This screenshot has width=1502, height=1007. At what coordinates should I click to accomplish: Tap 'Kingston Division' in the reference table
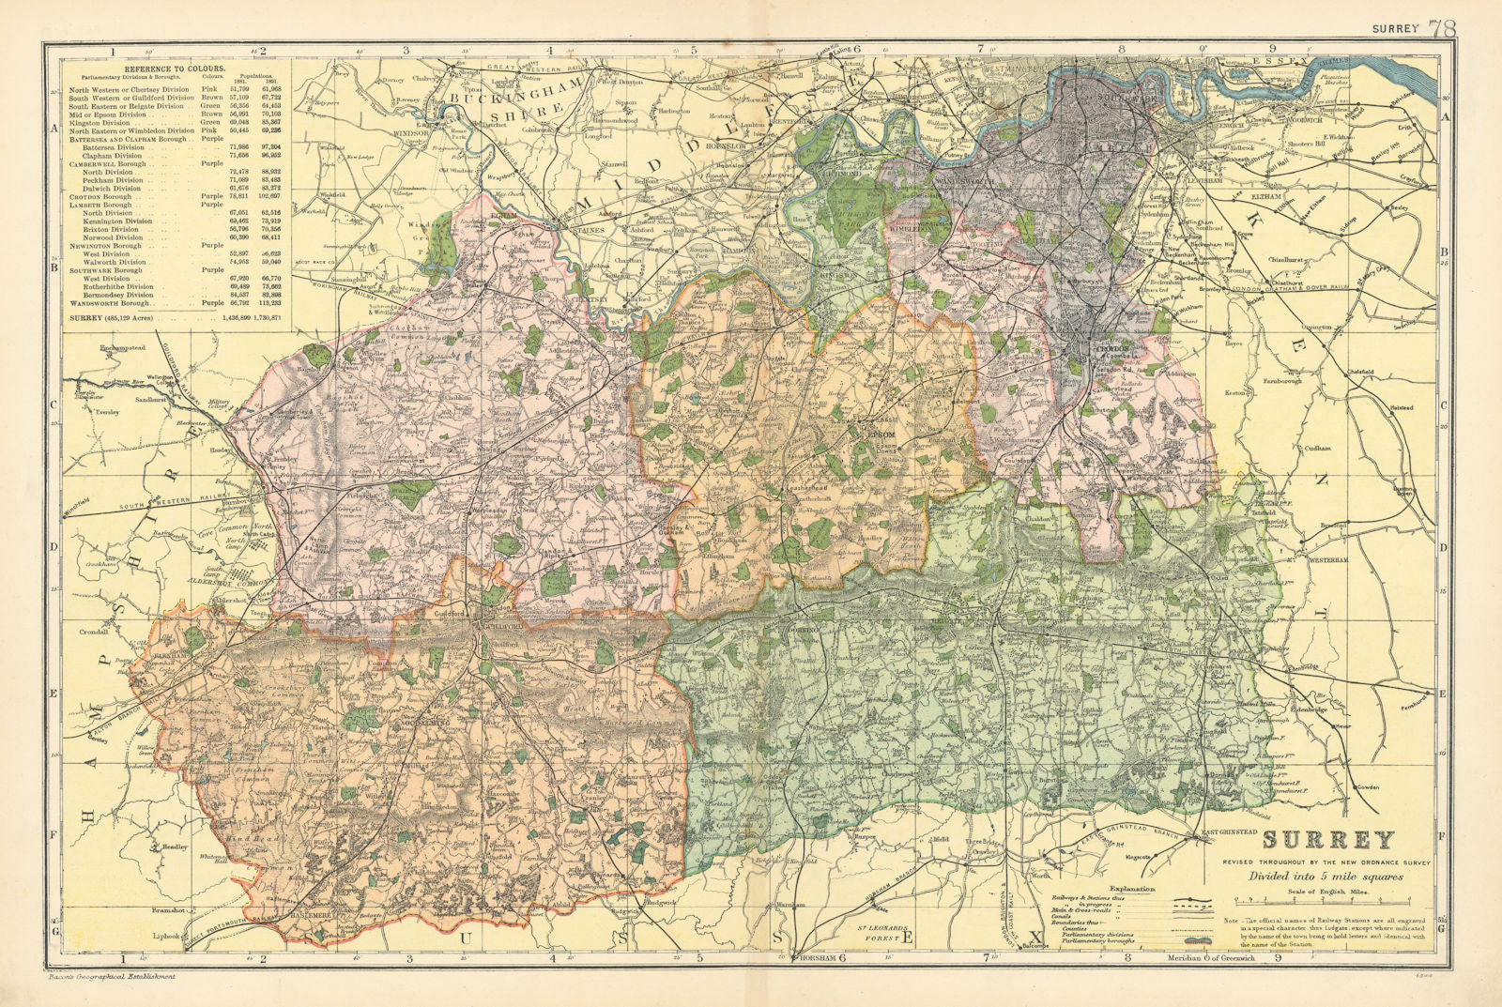(100, 123)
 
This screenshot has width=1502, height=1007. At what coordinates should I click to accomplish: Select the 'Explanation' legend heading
(1131, 887)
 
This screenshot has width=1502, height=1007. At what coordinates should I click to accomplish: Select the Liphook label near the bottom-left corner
(170, 937)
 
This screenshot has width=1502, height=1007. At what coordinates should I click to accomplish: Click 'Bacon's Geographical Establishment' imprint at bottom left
(111, 978)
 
